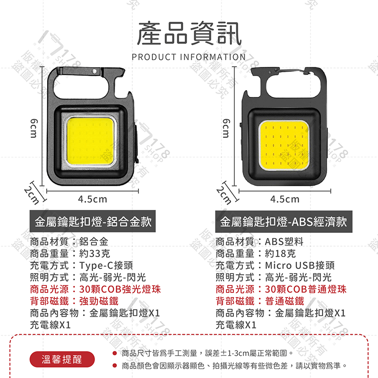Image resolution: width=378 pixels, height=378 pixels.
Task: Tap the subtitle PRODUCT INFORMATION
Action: point(189,57)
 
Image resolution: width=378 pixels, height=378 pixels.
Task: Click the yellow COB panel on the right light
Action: point(284,146)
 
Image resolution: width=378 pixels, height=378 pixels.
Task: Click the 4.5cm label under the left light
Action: point(93,199)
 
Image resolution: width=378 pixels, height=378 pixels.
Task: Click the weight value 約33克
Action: point(94,253)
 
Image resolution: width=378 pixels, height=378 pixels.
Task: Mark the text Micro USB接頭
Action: point(300,265)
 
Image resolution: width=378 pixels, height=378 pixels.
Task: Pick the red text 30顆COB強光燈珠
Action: point(120,289)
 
